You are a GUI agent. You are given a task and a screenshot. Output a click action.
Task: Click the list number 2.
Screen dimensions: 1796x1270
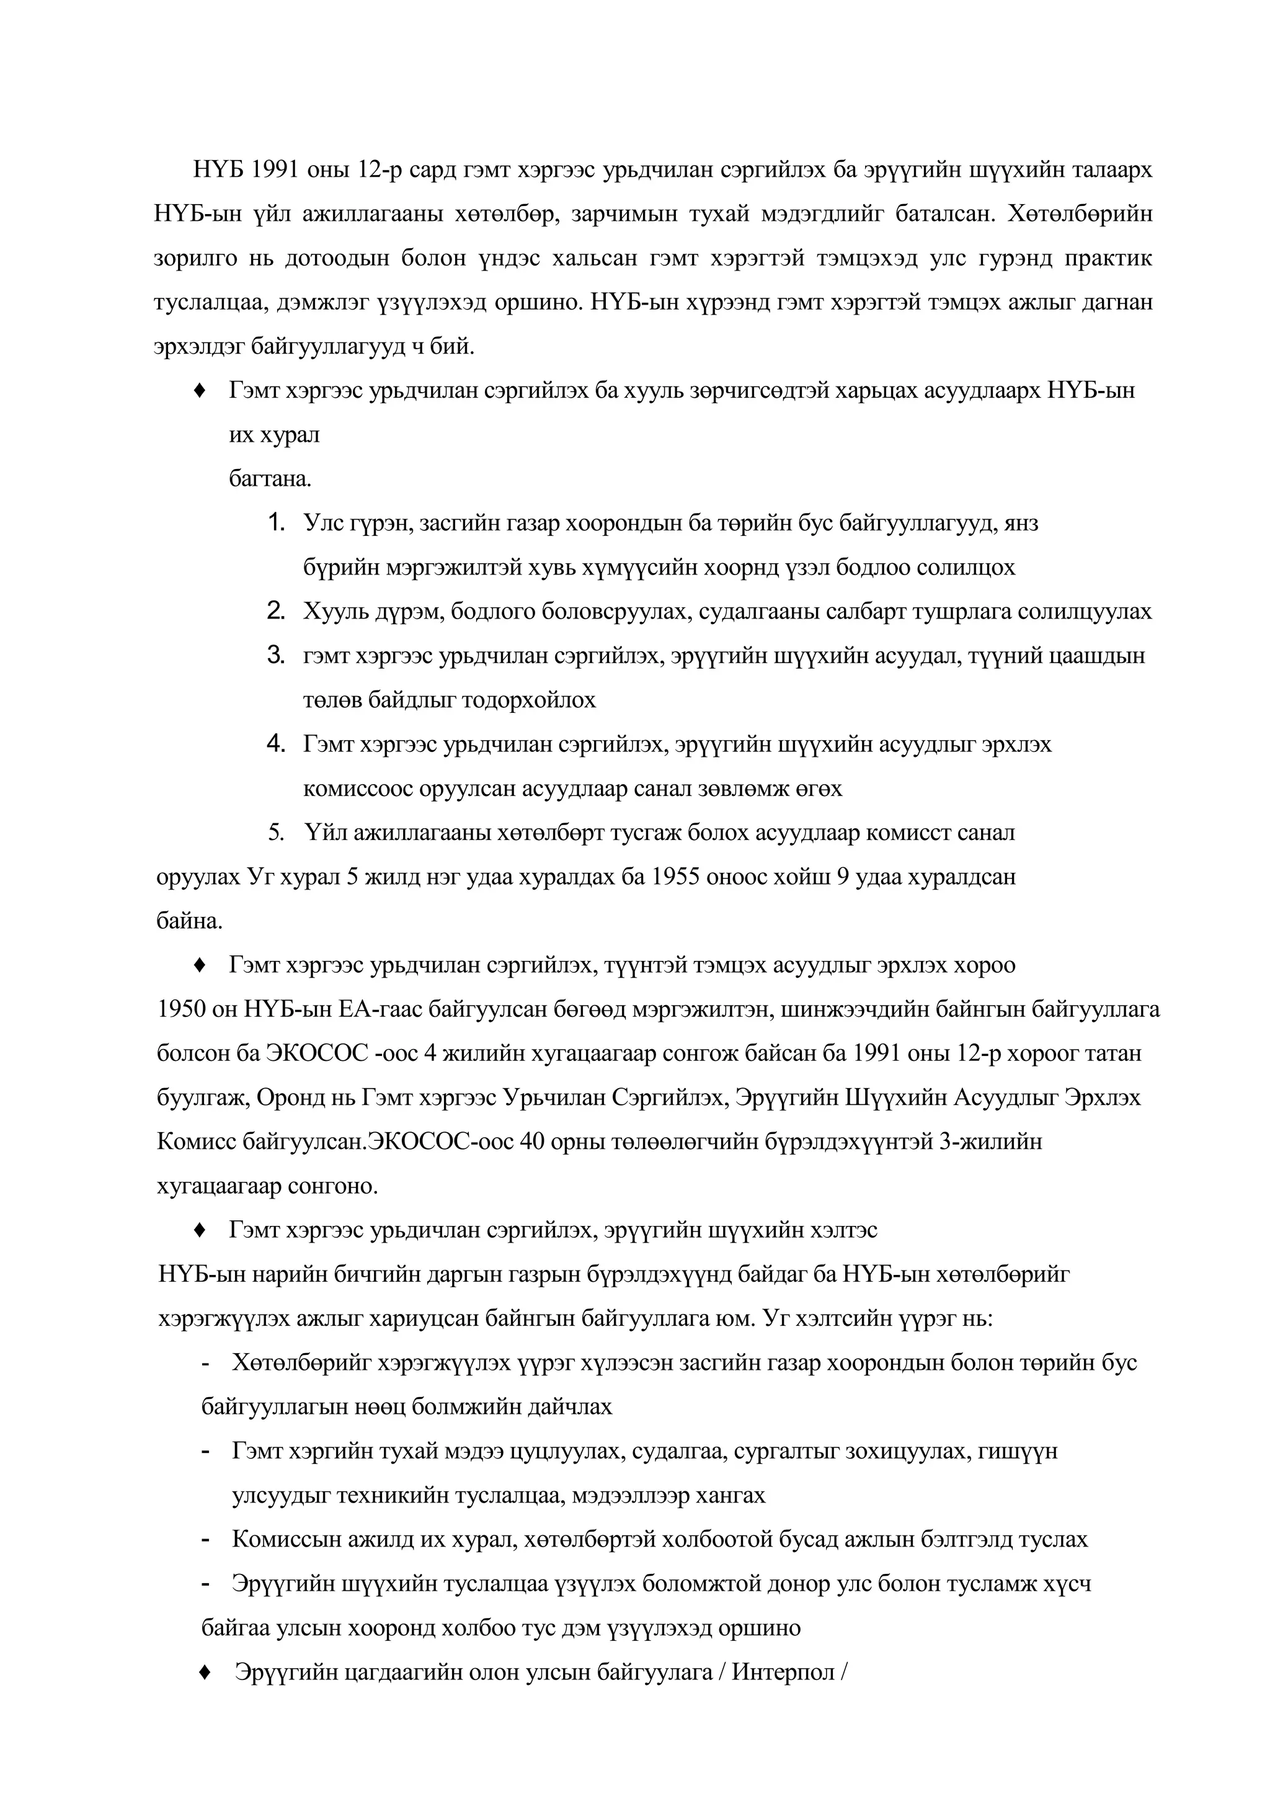coord(275,611)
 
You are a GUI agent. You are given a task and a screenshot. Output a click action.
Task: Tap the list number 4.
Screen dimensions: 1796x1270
coord(275,743)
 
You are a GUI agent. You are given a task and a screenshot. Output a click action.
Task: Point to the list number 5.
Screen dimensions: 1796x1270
coord(275,833)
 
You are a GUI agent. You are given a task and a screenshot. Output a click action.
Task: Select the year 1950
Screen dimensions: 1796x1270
coord(182,1010)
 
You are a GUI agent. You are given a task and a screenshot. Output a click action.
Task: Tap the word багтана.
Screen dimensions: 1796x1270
coord(270,479)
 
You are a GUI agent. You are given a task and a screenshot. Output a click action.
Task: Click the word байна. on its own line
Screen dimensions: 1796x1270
coord(189,921)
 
